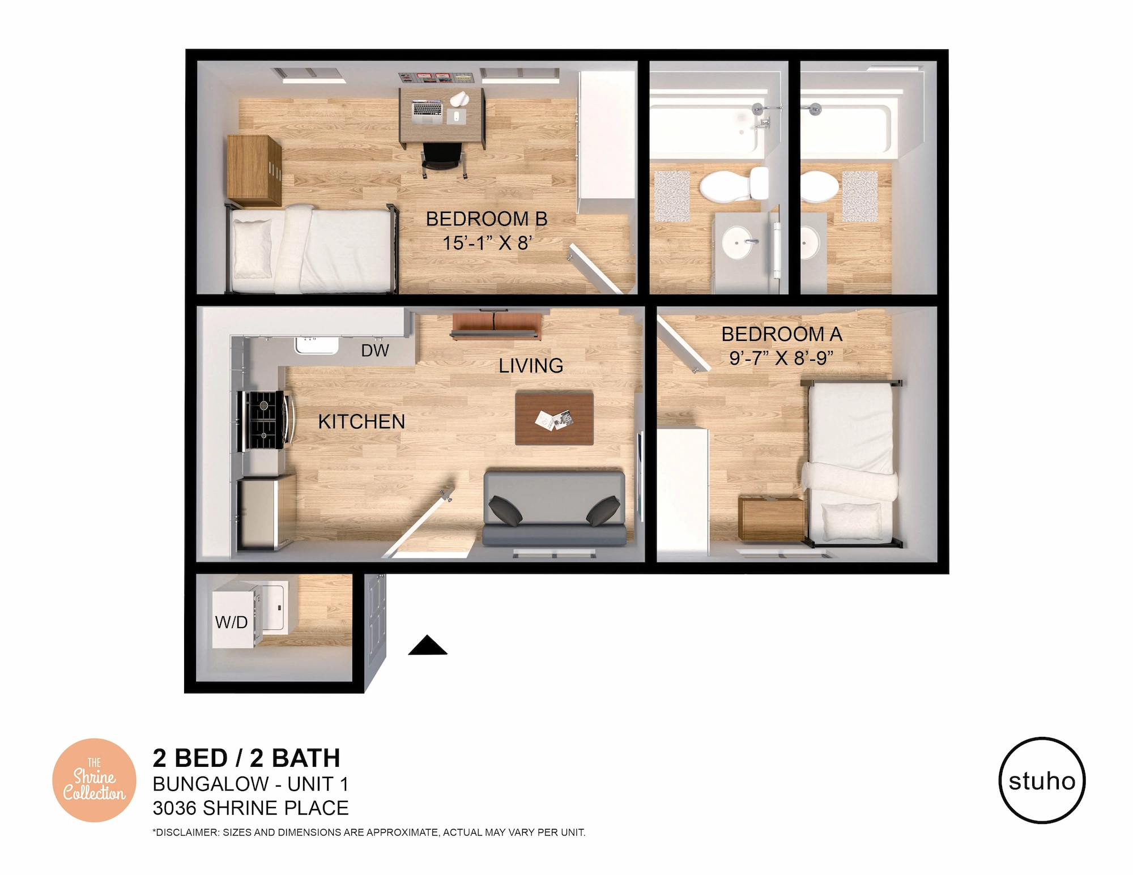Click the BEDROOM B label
pos(487,219)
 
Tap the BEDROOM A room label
pos(782,334)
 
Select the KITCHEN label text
pos(361,421)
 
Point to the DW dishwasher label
pos(375,351)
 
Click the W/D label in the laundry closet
pos(231,622)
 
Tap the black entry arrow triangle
pos(428,645)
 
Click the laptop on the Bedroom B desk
pos(427,112)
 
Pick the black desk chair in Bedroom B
pos(443,160)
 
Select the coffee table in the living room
pos(554,419)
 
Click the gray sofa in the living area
pos(555,507)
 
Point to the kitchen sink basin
pos(316,345)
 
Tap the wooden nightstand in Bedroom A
pos(772,519)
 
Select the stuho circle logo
pos(1042,780)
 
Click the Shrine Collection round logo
pos(94,780)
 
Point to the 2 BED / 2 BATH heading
pos(246,758)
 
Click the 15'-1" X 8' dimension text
pos(487,243)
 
